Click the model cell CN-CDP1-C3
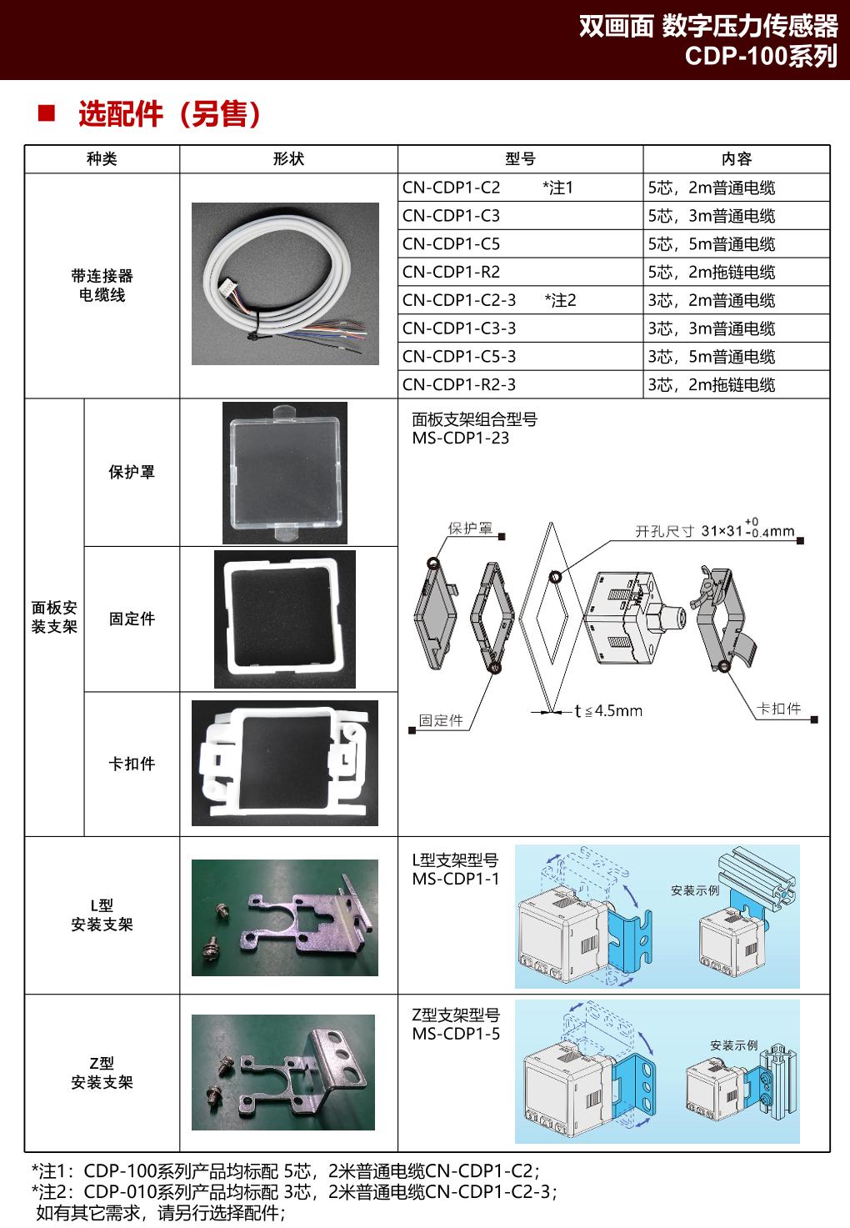coord(451,216)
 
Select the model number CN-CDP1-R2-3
coord(459,384)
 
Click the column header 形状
coord(288,159)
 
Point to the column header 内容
coord(736,159)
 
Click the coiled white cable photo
coord(284,284)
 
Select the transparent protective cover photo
coord(284,473)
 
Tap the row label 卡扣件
coord(132,764)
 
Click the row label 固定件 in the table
coord(132,619)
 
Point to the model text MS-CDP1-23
coord(460,439)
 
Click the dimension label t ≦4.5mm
coord(608,711)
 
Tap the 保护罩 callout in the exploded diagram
coord(470,529)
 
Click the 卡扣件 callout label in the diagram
coord(779,709)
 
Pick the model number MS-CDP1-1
coord(456,880)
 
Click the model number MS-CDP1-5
coord(456,1035)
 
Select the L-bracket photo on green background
coord(284,917)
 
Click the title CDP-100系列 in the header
coord(760,56)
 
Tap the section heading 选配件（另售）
coord(169,114)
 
